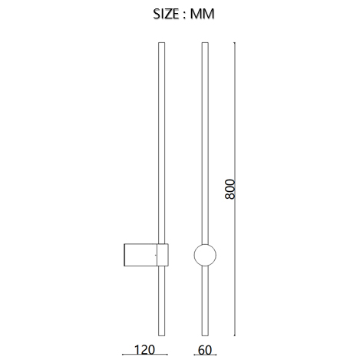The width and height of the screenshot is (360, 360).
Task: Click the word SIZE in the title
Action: [166, 14]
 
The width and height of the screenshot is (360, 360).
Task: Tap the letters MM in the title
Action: [202, 14]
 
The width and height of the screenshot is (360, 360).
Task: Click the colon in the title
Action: [184, 15]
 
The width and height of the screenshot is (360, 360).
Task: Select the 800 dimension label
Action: [230, 189]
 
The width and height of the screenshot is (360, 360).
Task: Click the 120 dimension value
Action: [144, 350]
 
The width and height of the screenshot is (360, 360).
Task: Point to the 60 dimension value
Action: [205, 350]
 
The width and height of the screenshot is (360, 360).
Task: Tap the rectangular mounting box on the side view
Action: [140, 255]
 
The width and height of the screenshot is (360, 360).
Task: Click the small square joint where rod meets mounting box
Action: [163, 255]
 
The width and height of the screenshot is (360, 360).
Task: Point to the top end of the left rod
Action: [161, 43]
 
